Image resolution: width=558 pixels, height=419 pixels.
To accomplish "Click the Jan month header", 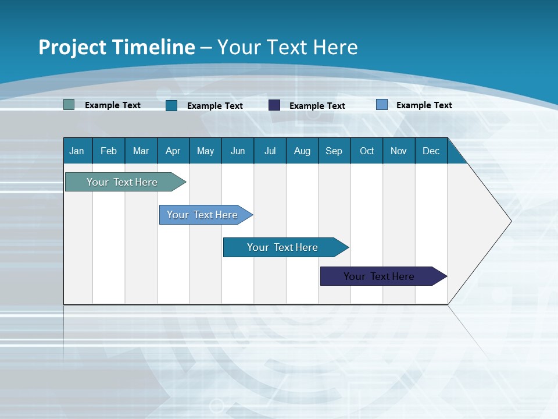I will pyautogui.click(x=77, y=151).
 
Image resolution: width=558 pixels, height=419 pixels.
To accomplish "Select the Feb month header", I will pyautogui.click(x=109, y=151).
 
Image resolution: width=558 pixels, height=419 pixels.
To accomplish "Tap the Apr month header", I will pyautogui.click(x=173, y=151).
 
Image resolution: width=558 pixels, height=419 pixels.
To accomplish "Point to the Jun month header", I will pyautogui.click(x=238, y=151).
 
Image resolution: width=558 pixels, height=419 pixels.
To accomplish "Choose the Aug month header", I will pyautogui.click(x=302, y=151).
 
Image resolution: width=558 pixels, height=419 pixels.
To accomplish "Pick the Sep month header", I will pyautogui.click(x=334, y=151).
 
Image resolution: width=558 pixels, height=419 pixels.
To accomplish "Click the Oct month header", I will pyautogui.click(x=367, y=151).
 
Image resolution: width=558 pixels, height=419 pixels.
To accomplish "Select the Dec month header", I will pyautogui.click(x=431, y=151).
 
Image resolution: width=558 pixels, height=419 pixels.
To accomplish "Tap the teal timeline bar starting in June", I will pyautogui.click(x=283, y=247).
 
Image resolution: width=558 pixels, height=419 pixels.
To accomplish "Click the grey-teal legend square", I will pyautogui.click(x=69, y=105).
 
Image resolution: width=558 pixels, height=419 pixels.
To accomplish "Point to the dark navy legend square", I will pyautogui.click(x=274, y=105).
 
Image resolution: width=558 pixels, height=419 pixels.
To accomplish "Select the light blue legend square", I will pyautogui.click(x=382, y=105).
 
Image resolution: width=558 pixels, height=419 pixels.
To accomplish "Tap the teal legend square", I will pyautogui.click(x=171, y=105).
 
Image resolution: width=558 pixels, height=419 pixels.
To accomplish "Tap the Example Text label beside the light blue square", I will pyautogui.click(x=424, y=105).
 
